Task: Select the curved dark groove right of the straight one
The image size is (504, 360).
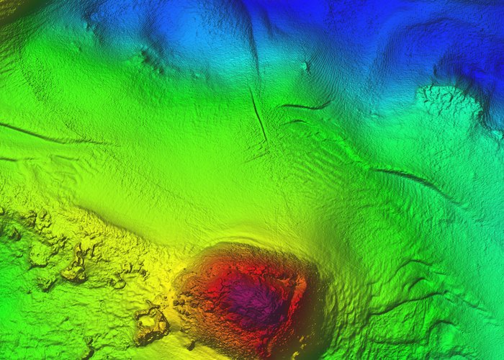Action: pos(305,107)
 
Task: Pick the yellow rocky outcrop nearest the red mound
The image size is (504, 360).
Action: pos(150,323)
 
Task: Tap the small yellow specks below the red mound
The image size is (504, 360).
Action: pos(190,345)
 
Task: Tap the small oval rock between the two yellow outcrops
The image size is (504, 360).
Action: pos(119,281)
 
